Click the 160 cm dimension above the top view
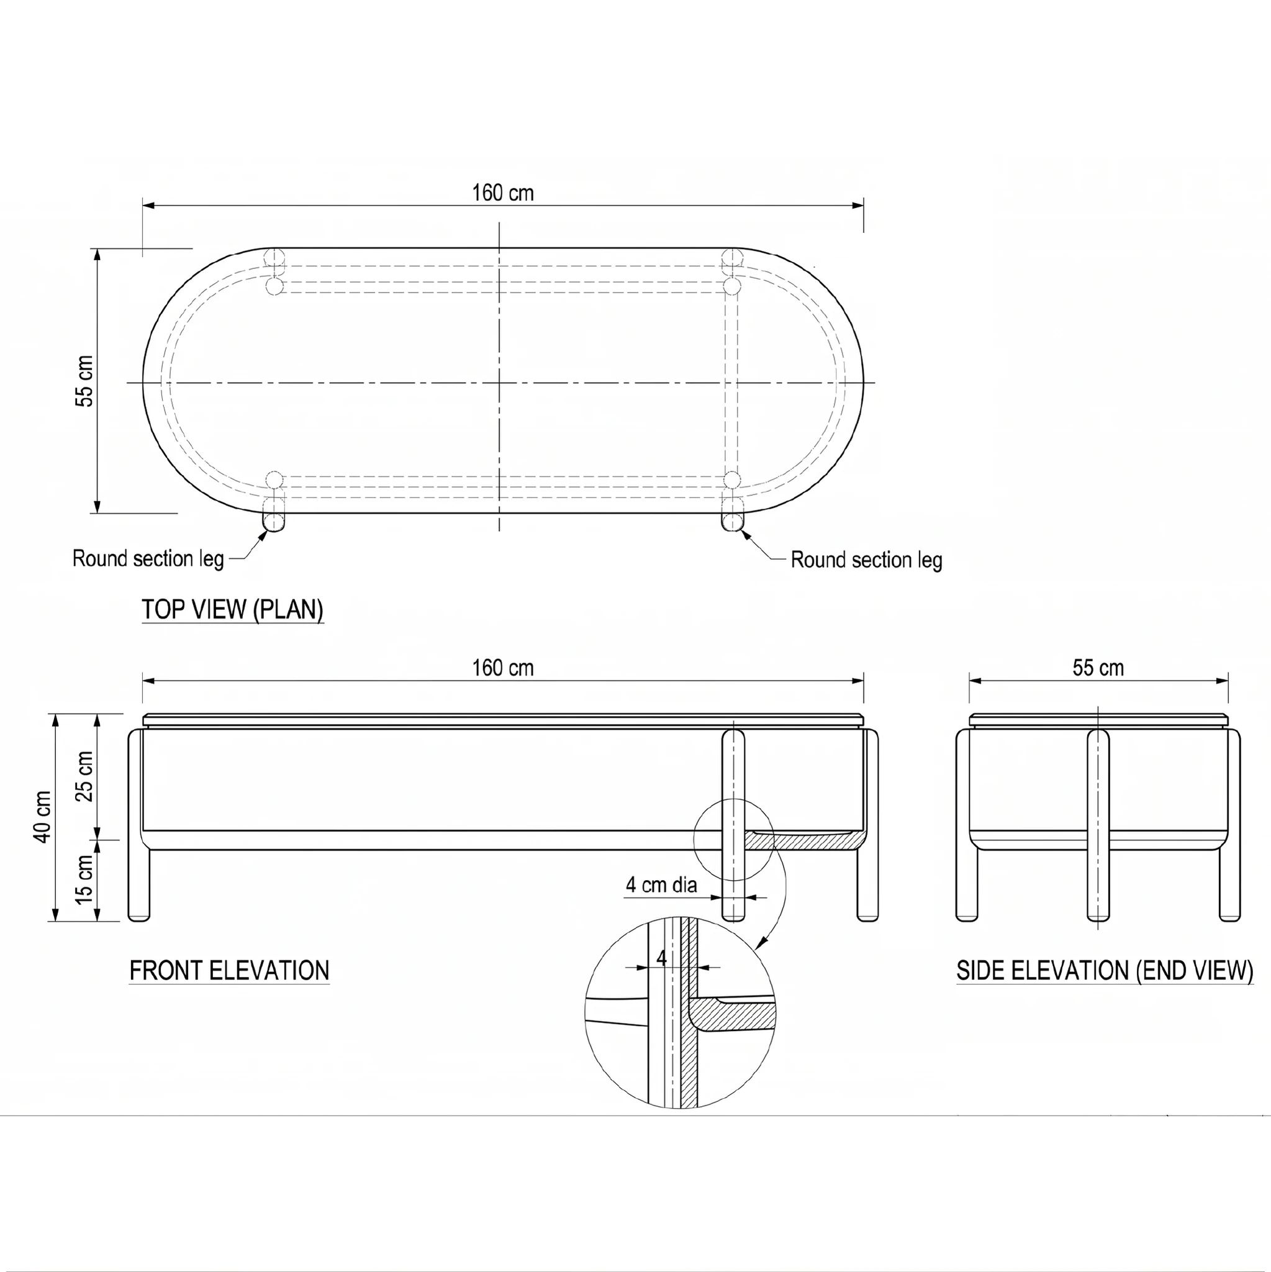pos(503,193)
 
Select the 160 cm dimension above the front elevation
pos(503,668)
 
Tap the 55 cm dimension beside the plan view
pos(85,381)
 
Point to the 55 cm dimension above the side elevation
pos(1098,668)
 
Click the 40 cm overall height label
pos(42,816)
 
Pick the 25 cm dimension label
pos(85,776)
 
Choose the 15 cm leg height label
pos(85,879)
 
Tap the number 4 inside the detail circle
pos(661,957)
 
